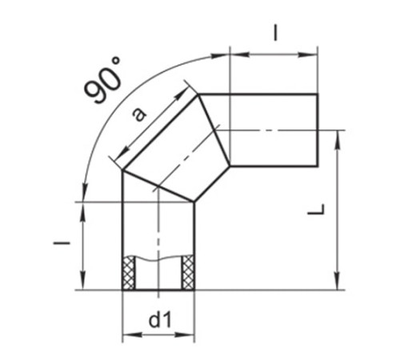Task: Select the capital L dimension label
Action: click(x=318, y=210)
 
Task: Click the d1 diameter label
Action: click(x=158, y=321)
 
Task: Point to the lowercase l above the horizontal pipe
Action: click(x=274, y=33)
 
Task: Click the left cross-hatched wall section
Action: click(x=128, y=272)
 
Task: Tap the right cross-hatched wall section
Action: click(x=188, y=272)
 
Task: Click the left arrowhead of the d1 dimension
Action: click(x=126, y=337)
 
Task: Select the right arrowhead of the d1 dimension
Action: click(x=190, y=337)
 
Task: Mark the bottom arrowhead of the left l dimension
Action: click(x=84, y=285)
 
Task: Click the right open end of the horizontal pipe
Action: click(x=318, y=130)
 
